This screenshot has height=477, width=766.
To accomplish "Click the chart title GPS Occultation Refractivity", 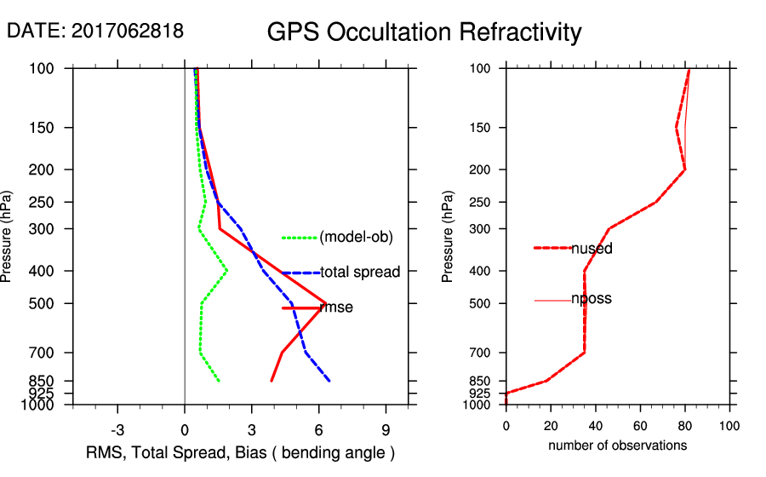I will [x=424, y=32].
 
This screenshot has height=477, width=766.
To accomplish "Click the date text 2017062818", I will [x=127, y=31].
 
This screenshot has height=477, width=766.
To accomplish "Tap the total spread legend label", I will [x=360, y=273].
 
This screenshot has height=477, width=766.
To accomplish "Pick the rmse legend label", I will [x=336, y=307].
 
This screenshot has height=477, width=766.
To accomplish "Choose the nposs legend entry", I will [x=592, y=299].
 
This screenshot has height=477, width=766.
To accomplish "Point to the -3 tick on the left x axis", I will [x=117, y=429].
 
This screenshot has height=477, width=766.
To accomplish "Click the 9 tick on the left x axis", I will [x=386, y=429].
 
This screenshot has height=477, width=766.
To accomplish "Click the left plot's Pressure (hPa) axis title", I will [x=8, y=236].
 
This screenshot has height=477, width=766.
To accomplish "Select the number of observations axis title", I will [x=617, y=445].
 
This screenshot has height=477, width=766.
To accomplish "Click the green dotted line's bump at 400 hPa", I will [x=227, y=271].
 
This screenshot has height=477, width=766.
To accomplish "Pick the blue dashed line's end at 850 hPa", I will [x=329, y=381].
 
